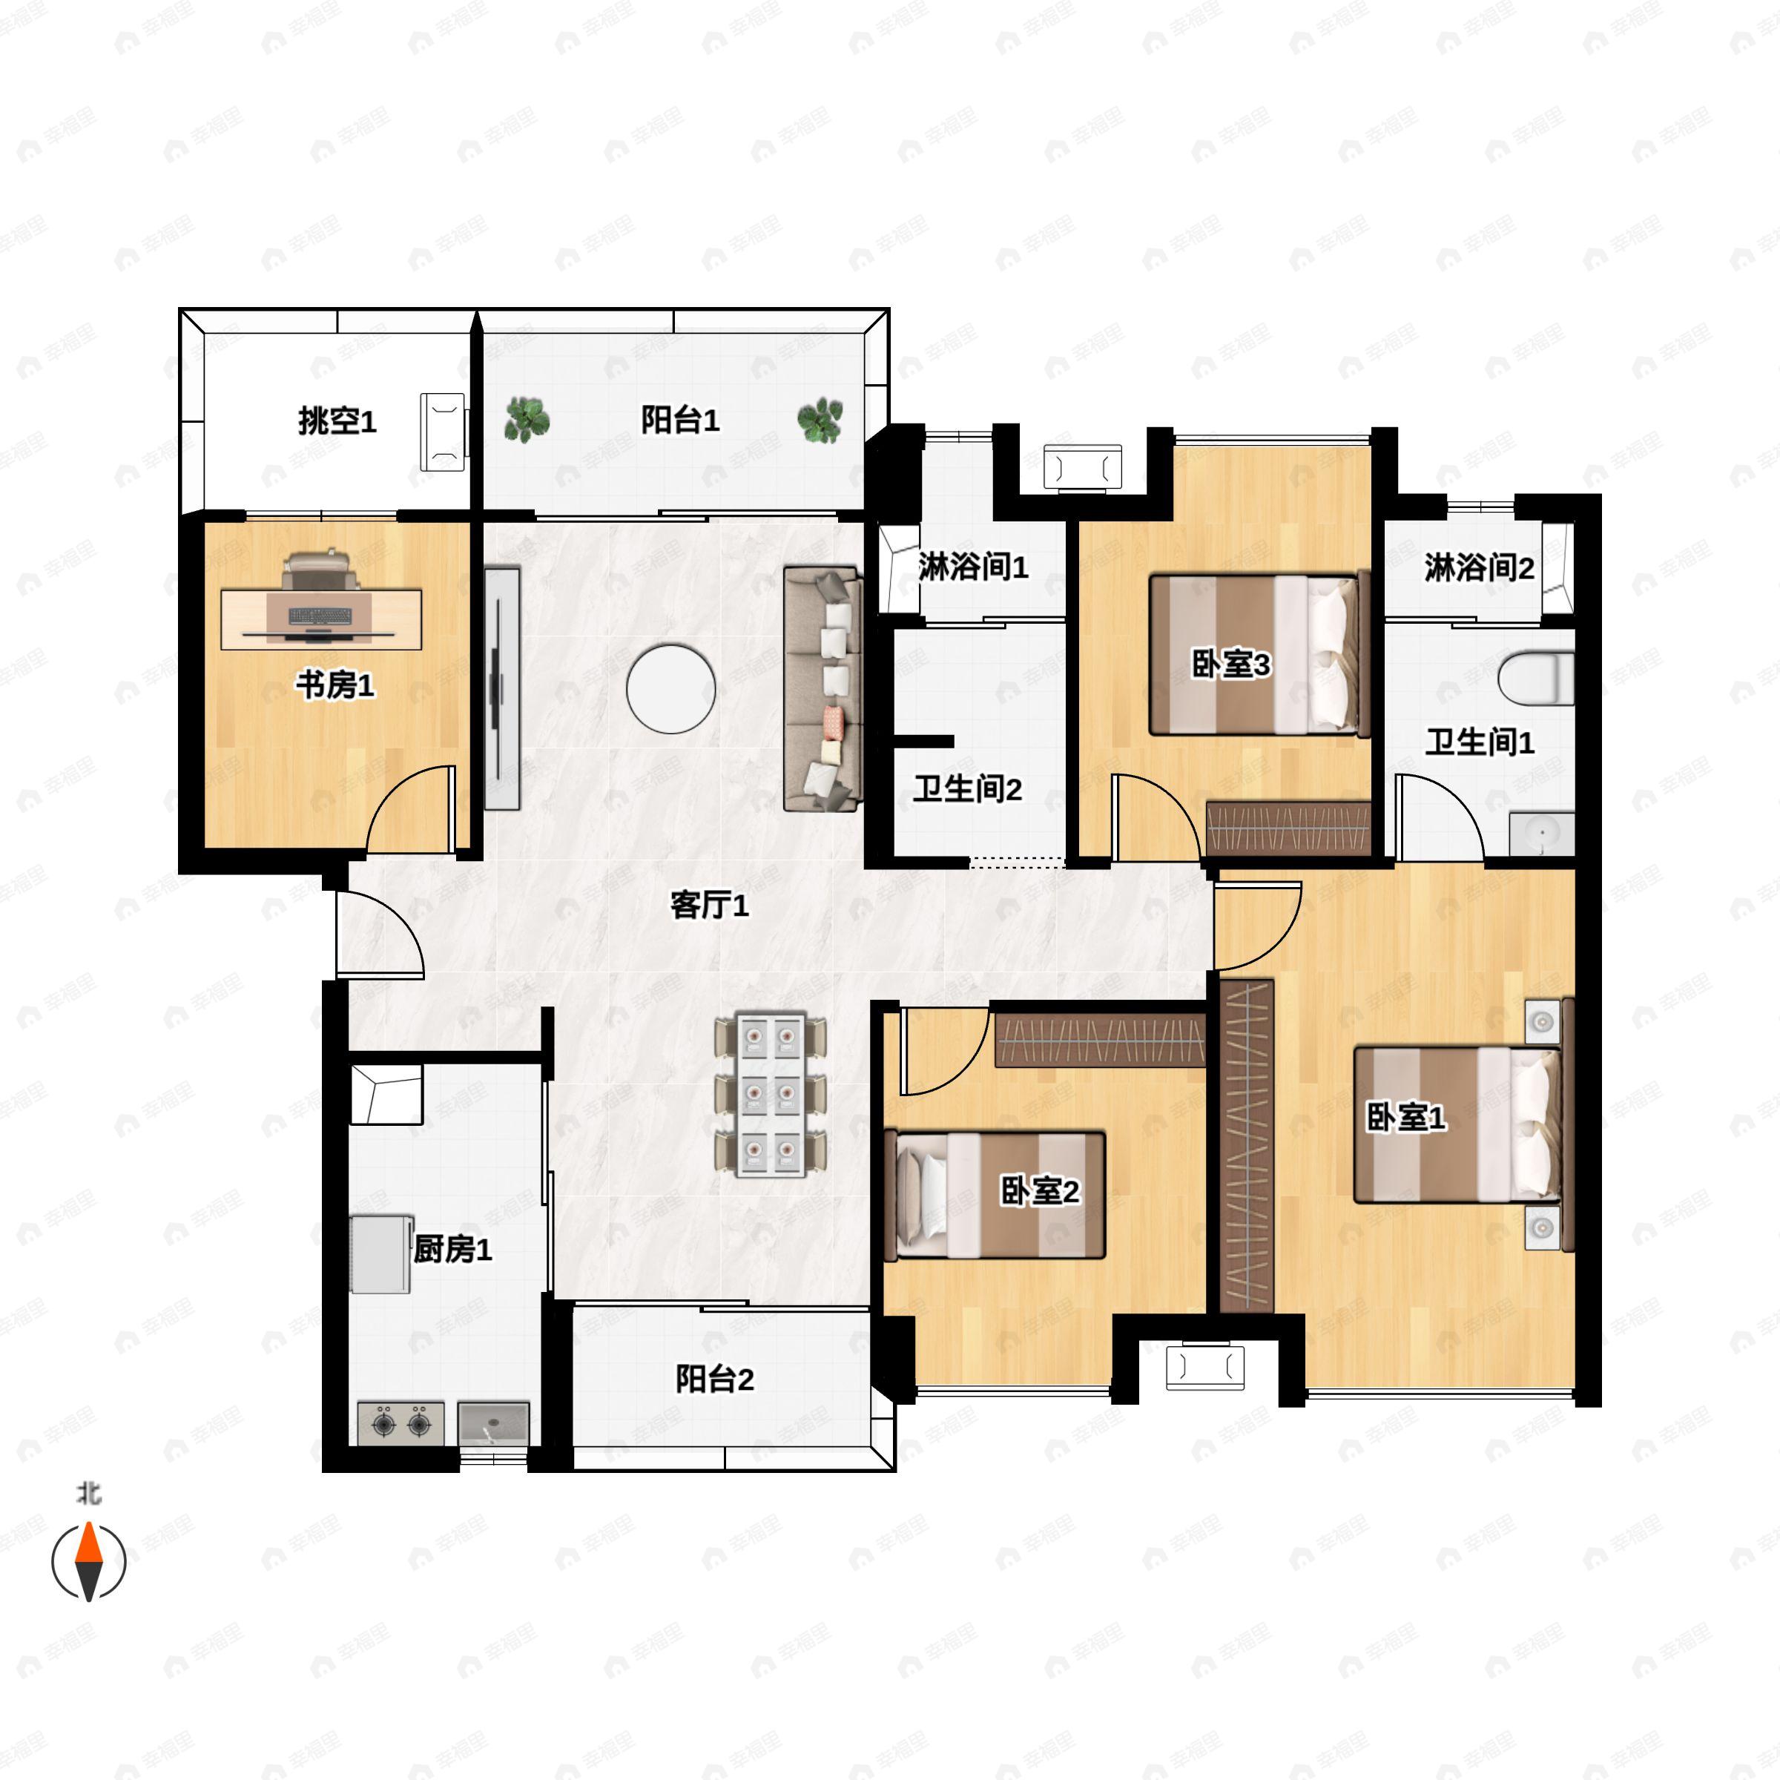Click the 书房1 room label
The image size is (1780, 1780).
[x=334, y=685]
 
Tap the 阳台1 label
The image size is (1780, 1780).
[x=680, y=420]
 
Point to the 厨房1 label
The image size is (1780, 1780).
[x=452, y=1248]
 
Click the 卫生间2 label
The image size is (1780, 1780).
[x=967, y=788]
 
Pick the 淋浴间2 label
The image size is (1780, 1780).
[x=1479, y=567]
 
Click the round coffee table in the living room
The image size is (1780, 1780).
[x=670, y=688]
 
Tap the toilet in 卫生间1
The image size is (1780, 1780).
[x=1536, y=677]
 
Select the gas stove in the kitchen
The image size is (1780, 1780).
[x=400, y=1423]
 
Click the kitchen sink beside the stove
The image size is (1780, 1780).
[x=494, y=1423]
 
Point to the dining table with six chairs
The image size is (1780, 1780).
[x=771, y=1095]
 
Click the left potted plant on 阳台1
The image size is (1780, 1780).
[x=527, y=419]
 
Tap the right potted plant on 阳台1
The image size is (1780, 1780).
[x=819, y=420]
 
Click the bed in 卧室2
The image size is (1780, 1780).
[x=994, y=1195]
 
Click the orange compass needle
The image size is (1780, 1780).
[x=88, y=1543]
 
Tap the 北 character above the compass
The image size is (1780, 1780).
[x=88, y=1492]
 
